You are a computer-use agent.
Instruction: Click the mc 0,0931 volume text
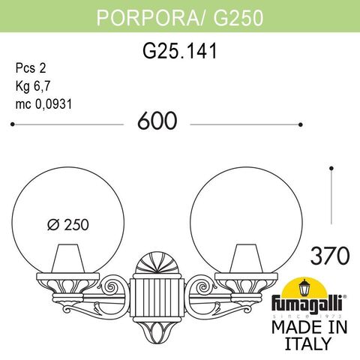[x=46, y=104]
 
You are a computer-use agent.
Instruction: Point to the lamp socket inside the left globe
[x=76, y=259]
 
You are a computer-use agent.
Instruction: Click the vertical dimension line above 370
[x=331, y=195]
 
